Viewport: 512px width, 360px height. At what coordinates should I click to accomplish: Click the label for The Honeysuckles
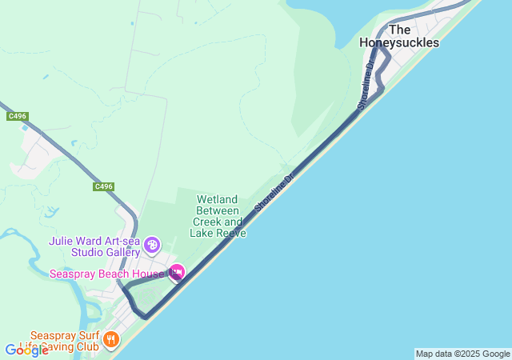pyautogui.click(x=399, y=36)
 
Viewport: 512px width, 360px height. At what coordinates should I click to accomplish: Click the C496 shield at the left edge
pyautogui.click(x=17, y=116)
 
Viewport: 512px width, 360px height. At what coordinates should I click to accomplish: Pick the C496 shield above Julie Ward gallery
pyautogui.click(x=103, y=186)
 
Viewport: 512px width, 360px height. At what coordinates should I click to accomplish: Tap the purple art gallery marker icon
pyautogui.click(x=153, y=244)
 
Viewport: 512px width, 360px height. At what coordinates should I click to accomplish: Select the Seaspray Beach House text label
pyautogui.click(x=106, y=274)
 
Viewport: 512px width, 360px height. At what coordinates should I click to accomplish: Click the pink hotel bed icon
pyautogui.click(x=177, y=274)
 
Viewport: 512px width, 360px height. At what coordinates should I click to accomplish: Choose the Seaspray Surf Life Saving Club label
pyautogui.click(x=66, y=342)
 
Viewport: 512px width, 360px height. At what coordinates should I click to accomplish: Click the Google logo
pyautogui.click(x=26, y=350)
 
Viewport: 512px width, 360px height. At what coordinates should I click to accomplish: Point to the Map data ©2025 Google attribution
pyautogui.click(x=462, y=354)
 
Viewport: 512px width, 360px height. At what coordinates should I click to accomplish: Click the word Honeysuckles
pyautogui.click(x=399, y=43)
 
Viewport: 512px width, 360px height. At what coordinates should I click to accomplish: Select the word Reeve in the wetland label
pyautogui.click(x=232, y=233)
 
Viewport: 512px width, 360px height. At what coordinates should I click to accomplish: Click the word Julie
pyautogui.click(x=63, y=240)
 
